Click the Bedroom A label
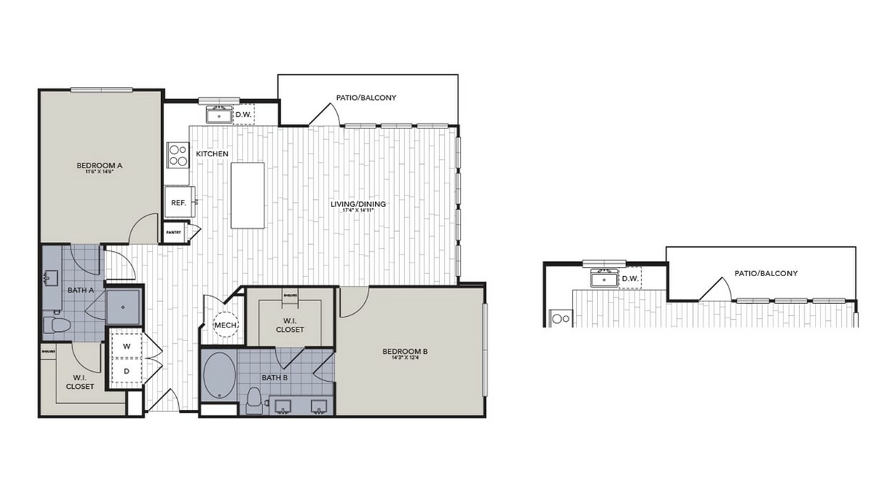tap(100, 165)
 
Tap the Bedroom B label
tap(405, 351)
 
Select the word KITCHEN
tap(212, 154)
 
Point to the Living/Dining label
tap(358, 204)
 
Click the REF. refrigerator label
tap(178, 203)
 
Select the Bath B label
tap(274, 377)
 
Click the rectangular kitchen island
tap(247, 195)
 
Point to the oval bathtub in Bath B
tap(218, 375)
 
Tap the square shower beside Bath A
tap(124, 306)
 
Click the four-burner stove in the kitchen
tap(178, 155)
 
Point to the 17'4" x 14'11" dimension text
tap(358, 212)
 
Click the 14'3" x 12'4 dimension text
tap(405, 360)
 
